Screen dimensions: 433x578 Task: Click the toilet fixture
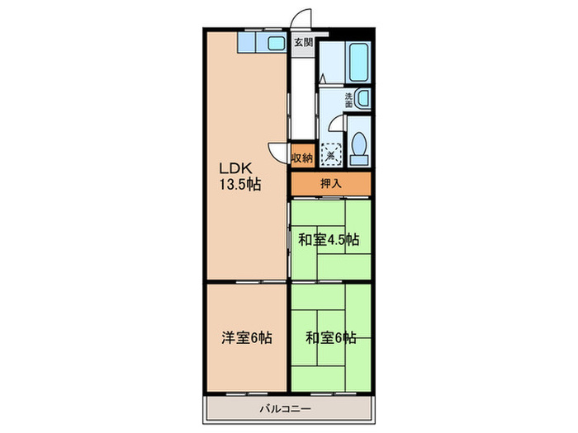coord(359,146)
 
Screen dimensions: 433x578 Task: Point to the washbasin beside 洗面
coord(362,100)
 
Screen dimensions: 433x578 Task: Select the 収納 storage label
coord(302,157)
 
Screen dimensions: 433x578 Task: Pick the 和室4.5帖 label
coord(329,240)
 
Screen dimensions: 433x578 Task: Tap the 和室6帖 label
coord(330,337)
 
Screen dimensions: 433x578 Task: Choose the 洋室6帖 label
coord(247,337)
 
